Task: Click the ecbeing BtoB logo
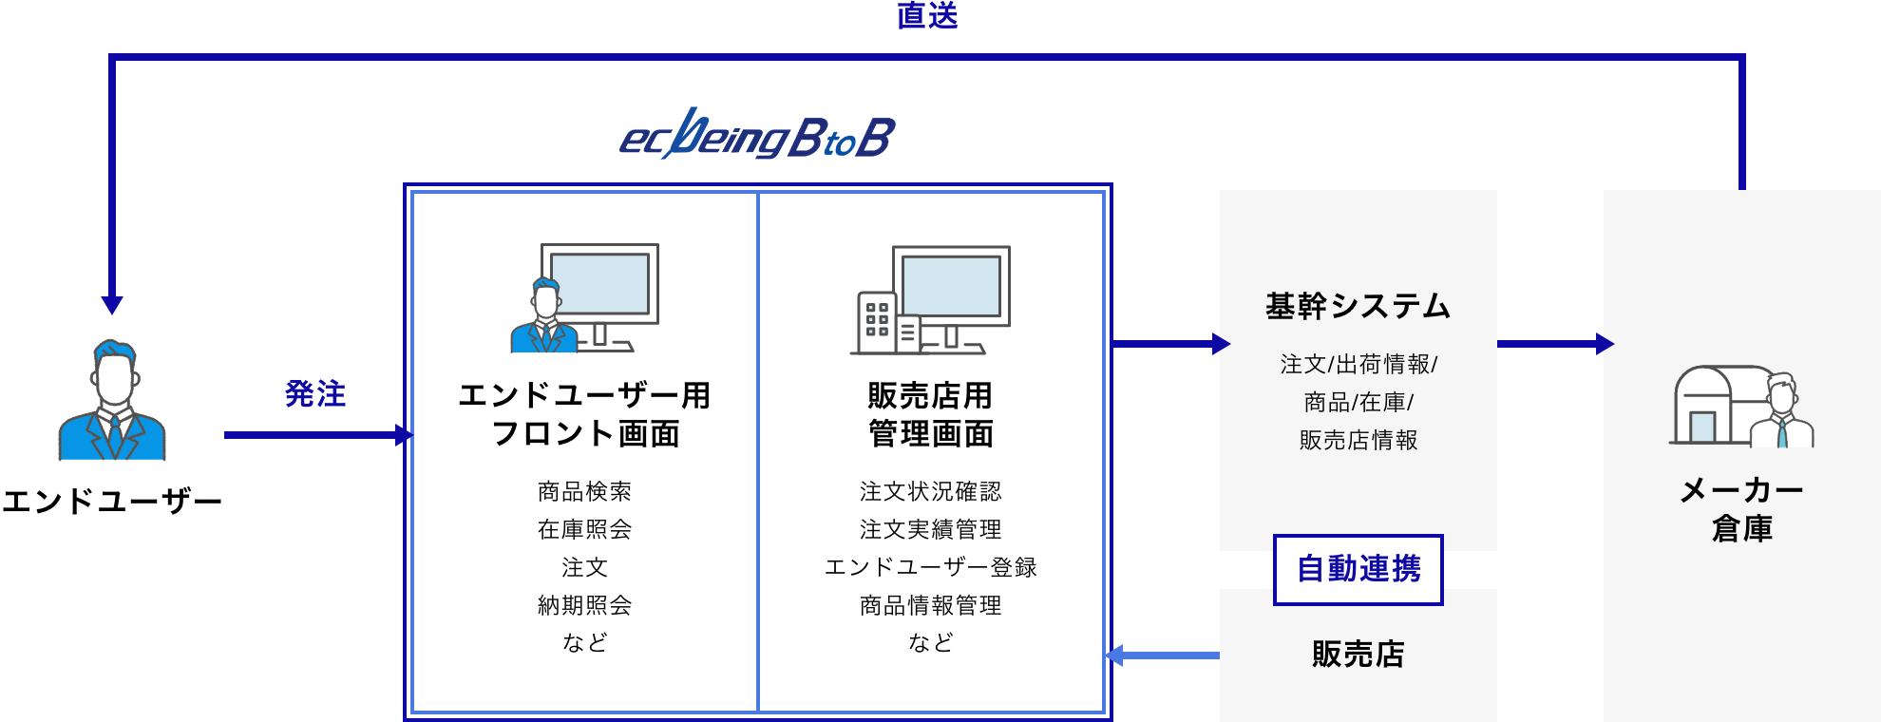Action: pyautogui.click(x=757, y=136)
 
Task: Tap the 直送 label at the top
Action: pyautogui.click(x=927, y=15)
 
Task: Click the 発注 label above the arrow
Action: pyautogui.click(x=315, y=393)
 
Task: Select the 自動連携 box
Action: pyautogui.click(x=1358, y=569)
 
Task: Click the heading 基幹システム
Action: pyautogui.click(x=1358, y=306)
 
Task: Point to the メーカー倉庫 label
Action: pyautogui.click(x=1741, y=509)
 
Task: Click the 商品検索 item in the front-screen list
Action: pyautogui.click(x=584, y=491)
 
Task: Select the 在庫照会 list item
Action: pyautogui.click(x=584, y=529)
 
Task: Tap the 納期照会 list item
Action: pyautogui.click(x=584, y=605)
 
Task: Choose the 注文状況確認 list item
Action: pyautogui.click(x=930, y=491)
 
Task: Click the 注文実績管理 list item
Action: pyautogui.click(x=930, y=529)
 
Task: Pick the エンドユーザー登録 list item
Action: pyautogui.click(x=930, y=567)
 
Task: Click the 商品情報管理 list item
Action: pyautogui.click(x=930, y=605)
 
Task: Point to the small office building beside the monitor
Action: pyautogui.click(x=877, y=321)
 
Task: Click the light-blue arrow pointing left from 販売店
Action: pyautogui.click(x=1164, y=655)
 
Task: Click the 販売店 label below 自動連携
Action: pyautogui.click(x=1358, y=654)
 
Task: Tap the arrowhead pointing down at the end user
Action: pyautogui.click(x=112, y=304)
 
